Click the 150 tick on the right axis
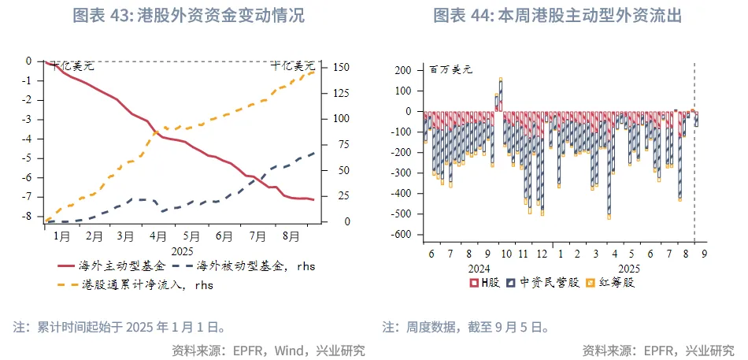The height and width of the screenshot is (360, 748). pos(334,68)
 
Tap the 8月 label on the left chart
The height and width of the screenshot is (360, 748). pos(291,236)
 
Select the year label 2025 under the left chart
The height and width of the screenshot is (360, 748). pos(183,251)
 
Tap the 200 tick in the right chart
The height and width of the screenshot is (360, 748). pos(402,70)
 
